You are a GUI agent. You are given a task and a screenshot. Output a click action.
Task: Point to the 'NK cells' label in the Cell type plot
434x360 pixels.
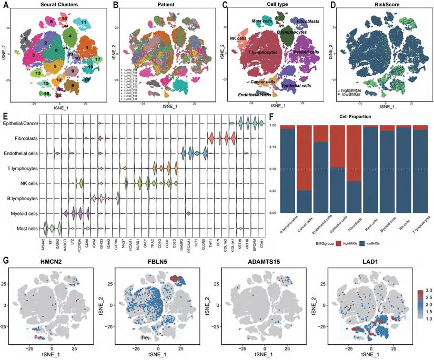click(x=238, y=38)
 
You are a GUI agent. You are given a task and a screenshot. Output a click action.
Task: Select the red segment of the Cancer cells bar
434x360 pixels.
click(x=304, y=158)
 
